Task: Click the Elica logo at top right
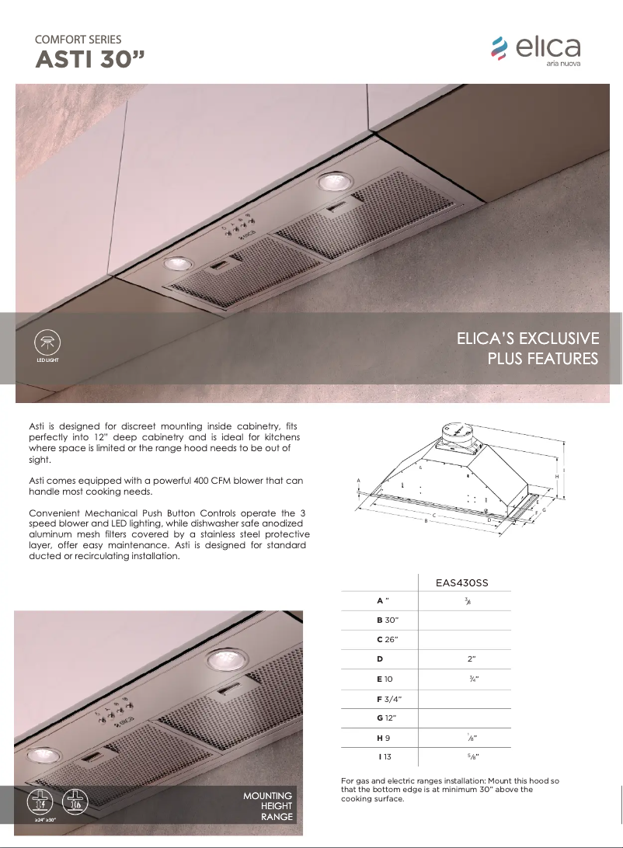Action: pos(535,50)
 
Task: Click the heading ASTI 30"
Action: pos(89,61)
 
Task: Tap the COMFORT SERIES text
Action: pos(78,39)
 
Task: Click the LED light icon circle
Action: pos(47,342)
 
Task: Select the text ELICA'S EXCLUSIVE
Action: pos(527,339)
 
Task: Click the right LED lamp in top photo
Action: pos(335,182)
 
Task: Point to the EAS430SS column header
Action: pos(464,582)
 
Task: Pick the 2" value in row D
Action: pos(472,659)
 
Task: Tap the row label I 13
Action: pos(385,756)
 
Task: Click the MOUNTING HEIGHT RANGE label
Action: pos(268,807)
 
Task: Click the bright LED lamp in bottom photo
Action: pos(224,662)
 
